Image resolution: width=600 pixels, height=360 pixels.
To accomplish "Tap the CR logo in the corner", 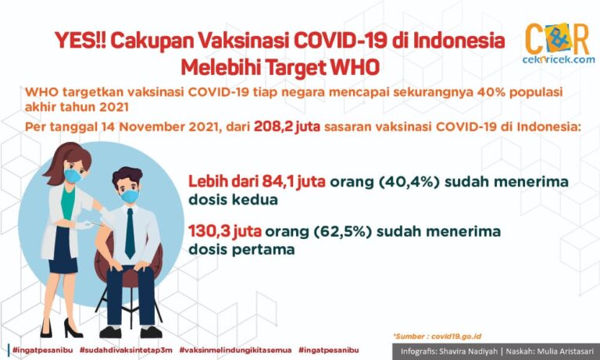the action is point(557,38).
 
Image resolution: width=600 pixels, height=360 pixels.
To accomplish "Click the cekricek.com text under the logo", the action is point(559,59).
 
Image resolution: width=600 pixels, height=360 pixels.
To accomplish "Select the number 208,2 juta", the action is point(287,127).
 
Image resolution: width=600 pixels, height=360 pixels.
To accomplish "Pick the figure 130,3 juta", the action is point(225,231).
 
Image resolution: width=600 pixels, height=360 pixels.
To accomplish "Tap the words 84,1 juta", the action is point(294,182).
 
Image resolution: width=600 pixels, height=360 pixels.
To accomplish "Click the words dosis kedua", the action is point(233,200).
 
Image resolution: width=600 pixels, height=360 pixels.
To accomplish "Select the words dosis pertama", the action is point(241,250).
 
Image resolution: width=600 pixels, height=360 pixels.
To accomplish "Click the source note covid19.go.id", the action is point(456,337).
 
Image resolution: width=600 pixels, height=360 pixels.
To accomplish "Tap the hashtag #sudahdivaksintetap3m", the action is point(126,350).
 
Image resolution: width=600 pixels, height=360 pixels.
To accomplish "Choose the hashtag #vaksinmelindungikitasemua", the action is point(235,350).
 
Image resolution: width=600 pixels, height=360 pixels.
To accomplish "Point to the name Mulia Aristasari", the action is point(568,351).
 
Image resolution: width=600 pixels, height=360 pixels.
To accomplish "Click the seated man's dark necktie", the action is point(130,233).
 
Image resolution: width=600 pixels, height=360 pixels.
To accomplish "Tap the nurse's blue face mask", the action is point(73,176).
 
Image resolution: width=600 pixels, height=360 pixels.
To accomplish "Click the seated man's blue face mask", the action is point(130,196).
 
